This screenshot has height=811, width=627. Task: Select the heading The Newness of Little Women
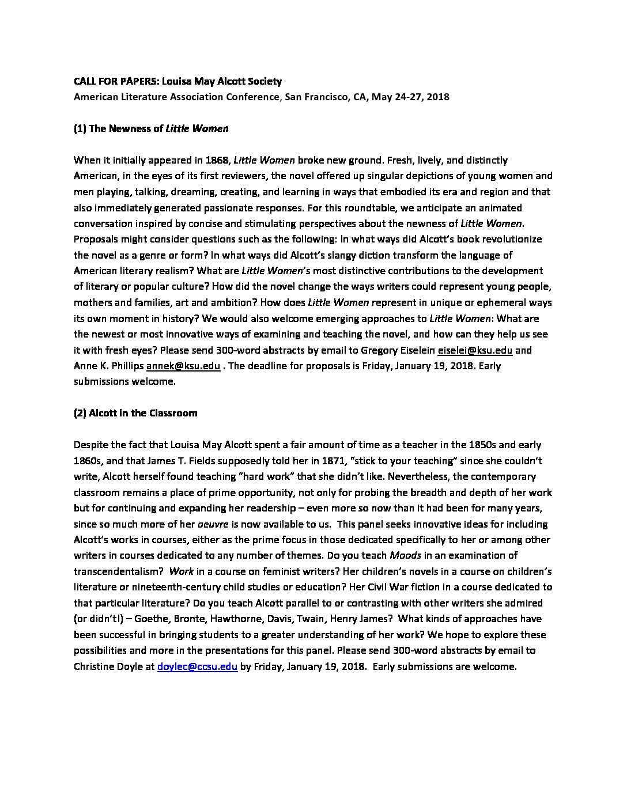point(151,128)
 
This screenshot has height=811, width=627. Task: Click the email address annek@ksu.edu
point(183,365)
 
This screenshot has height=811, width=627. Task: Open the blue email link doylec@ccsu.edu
point(197,667)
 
